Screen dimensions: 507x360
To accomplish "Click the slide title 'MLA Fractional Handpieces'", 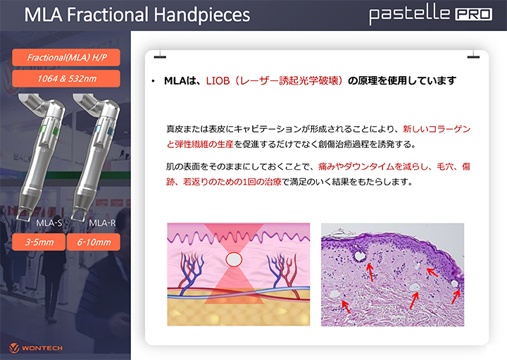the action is point(137,15).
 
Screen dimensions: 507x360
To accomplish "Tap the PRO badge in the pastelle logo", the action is point(474,14).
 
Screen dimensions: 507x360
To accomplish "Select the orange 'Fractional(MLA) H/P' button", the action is point(66,58).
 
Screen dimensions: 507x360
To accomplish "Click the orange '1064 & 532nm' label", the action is point(66,79).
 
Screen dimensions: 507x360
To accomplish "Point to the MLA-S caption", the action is point(49,223).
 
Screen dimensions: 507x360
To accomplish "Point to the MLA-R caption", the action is point(102,223).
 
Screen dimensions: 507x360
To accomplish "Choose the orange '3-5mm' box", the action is point(39,242).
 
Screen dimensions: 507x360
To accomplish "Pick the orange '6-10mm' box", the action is point(94,242).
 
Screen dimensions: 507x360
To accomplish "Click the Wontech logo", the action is point(36,348).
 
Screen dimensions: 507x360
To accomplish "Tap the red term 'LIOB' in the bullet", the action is point(218,80).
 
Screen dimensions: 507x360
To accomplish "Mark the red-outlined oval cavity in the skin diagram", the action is point(234,259).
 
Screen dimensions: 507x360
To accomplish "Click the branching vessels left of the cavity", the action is point(192,272).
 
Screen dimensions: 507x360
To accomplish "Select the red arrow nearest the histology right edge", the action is point(456,297).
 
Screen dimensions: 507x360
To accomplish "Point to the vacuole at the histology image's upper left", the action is point(360,256).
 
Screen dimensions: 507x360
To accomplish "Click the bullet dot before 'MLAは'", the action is point(153,81).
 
